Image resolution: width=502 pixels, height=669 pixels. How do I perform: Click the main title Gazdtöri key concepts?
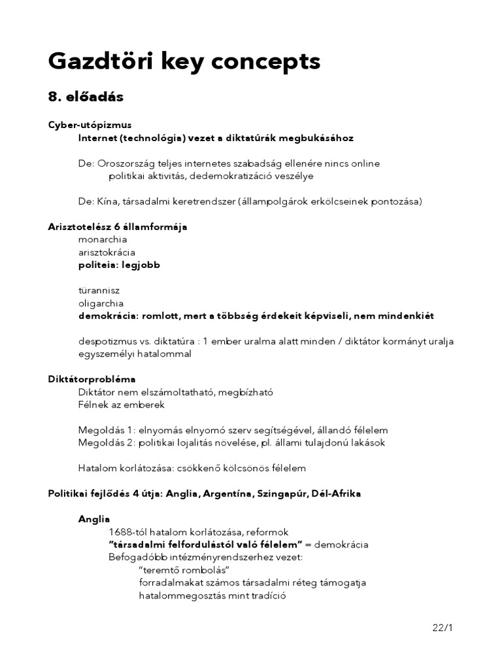pos(184,61)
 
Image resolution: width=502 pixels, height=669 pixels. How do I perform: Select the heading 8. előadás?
pos(86,97)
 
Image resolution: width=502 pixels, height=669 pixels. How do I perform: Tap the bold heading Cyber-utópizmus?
pos(90,125)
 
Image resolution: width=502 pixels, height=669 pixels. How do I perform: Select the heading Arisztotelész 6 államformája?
pos(118,227)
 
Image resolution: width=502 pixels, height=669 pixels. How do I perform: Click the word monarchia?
pos(103,240)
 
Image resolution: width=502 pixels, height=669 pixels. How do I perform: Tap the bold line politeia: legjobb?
pos(119,265)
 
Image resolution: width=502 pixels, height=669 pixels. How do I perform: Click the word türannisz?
pos(99,291)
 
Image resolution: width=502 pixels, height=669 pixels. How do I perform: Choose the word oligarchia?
pos(101,303)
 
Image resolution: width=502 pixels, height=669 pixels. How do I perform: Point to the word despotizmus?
pos(107,342)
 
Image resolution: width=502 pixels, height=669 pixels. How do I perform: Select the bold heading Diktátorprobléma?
pos(92,380)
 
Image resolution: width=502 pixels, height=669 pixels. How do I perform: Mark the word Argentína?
pos(224,494)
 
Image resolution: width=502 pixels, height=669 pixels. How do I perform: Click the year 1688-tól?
pos(129,532)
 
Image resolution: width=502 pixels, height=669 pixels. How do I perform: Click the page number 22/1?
pos(443,628)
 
